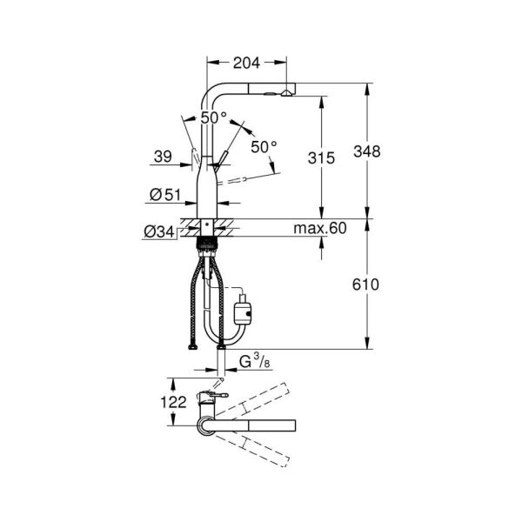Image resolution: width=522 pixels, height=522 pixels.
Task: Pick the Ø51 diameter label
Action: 164,196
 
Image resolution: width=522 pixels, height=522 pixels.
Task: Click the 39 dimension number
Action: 162,156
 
